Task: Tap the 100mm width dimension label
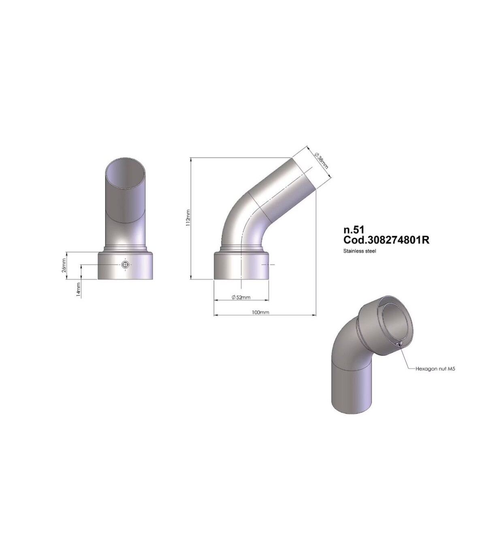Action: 260,312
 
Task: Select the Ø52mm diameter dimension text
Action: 241,297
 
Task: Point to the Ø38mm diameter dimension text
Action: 322,161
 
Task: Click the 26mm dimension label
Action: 64,265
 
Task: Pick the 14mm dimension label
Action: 79,290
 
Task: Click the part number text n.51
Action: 353,230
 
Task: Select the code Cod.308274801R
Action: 387,240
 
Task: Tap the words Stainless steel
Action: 360,251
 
